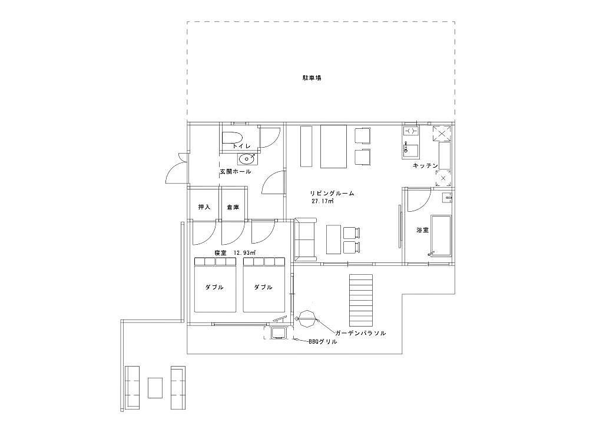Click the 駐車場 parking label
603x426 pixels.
312,78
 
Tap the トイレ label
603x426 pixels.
241,147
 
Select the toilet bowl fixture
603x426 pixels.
232,138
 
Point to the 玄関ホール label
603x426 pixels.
236,172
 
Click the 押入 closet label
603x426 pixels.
204,208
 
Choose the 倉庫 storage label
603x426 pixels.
233,208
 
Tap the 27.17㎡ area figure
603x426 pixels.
322,201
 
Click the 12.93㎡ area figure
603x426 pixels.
244,253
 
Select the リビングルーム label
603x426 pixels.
332,194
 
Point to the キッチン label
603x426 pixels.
425,165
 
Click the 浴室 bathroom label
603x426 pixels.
423,231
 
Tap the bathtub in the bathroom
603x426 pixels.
440,235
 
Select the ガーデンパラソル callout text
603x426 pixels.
360,333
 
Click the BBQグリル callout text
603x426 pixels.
323,341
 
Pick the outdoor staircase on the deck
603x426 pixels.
361,299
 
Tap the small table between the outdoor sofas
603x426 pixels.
155,388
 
